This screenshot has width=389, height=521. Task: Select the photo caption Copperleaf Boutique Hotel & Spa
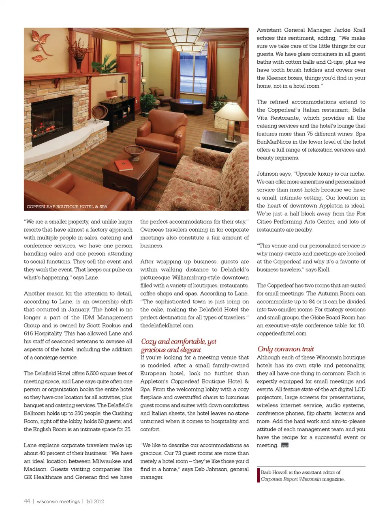(x=67, y=207)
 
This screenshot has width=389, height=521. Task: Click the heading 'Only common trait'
(x=285, y=349)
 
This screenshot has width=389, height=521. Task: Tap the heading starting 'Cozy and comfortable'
(x=178, y=345)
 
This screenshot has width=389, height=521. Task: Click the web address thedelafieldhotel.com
(x=167, y=325)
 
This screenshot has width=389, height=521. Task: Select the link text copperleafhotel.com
(x=281, y=334)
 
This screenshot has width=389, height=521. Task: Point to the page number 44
(x=27, y=501)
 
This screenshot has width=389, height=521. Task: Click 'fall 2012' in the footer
(x=95, y=502)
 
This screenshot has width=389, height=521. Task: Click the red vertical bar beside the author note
(x=258, y=475)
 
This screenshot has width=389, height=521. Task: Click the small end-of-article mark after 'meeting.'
(x=284, y=446)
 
